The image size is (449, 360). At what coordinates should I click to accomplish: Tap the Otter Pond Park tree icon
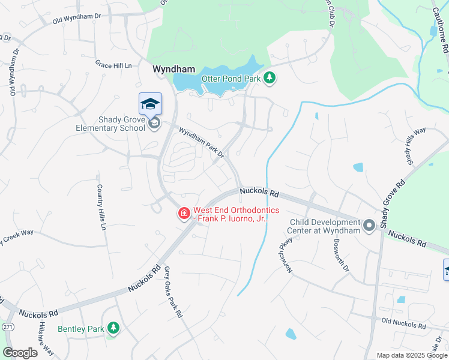[270, 77]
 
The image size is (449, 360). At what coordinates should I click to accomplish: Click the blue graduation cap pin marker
[150, 104]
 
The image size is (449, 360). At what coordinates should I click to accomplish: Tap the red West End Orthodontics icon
[183, 213]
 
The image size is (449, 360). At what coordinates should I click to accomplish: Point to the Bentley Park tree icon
[113, 328]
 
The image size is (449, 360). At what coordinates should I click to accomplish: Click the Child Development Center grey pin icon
[369, 225]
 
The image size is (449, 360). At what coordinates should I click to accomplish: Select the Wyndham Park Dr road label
[201, 141]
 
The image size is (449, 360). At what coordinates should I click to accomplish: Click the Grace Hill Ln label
[113, 63]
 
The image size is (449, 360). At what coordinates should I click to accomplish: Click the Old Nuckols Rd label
[403, 323]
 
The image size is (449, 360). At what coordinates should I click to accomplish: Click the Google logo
[20, 353]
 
